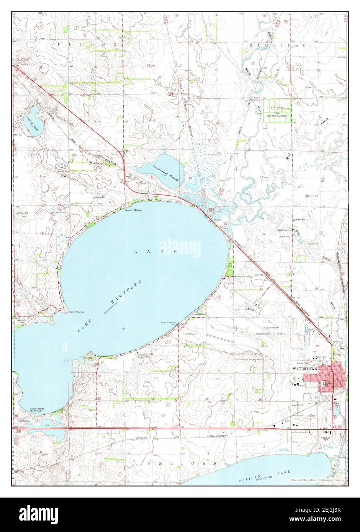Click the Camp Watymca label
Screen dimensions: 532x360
[x=76, y=312]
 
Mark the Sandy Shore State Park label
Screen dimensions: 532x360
[x=38, y=410]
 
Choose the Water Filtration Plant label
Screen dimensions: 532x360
[x=168, y=323]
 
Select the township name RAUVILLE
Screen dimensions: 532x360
[x=278, y=45]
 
